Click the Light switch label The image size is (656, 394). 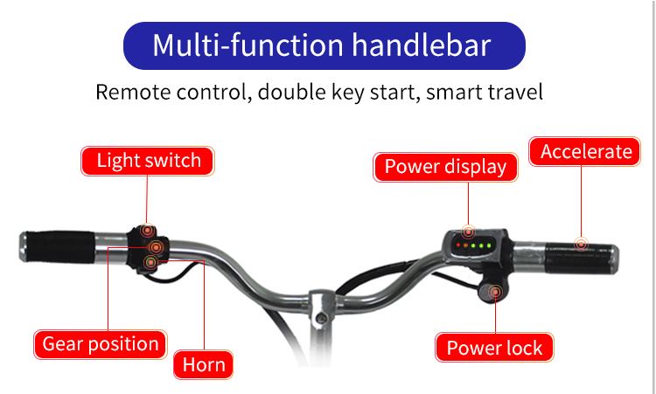click(x=148, y=161)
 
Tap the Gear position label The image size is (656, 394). click(x=101, y=344)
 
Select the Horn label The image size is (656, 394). click(x=203, y=365)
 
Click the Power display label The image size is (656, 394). click(x=445, y=167)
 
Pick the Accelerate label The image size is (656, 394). click(x=584, y=152)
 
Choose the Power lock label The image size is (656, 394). click(x=494, y=348)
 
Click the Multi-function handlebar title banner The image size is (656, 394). click(x=325, y=45)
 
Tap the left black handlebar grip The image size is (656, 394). click(x=60, y=247)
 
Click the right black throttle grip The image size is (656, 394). click(x=579, y=259)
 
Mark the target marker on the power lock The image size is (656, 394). click(x=495, y=292)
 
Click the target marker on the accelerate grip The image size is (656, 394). click(x=581, y=244)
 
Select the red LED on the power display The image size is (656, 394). click(x=458, y=245)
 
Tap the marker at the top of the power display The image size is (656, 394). click(x=468, y=232)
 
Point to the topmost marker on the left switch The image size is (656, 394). click(x=147, y=231)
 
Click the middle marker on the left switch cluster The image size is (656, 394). click(x=156, y=248)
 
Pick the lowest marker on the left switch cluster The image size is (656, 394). click(x=150, y=262)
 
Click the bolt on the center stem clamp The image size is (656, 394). click(x=321, y=318)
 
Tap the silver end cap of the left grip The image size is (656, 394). click(x=23, y=247)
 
